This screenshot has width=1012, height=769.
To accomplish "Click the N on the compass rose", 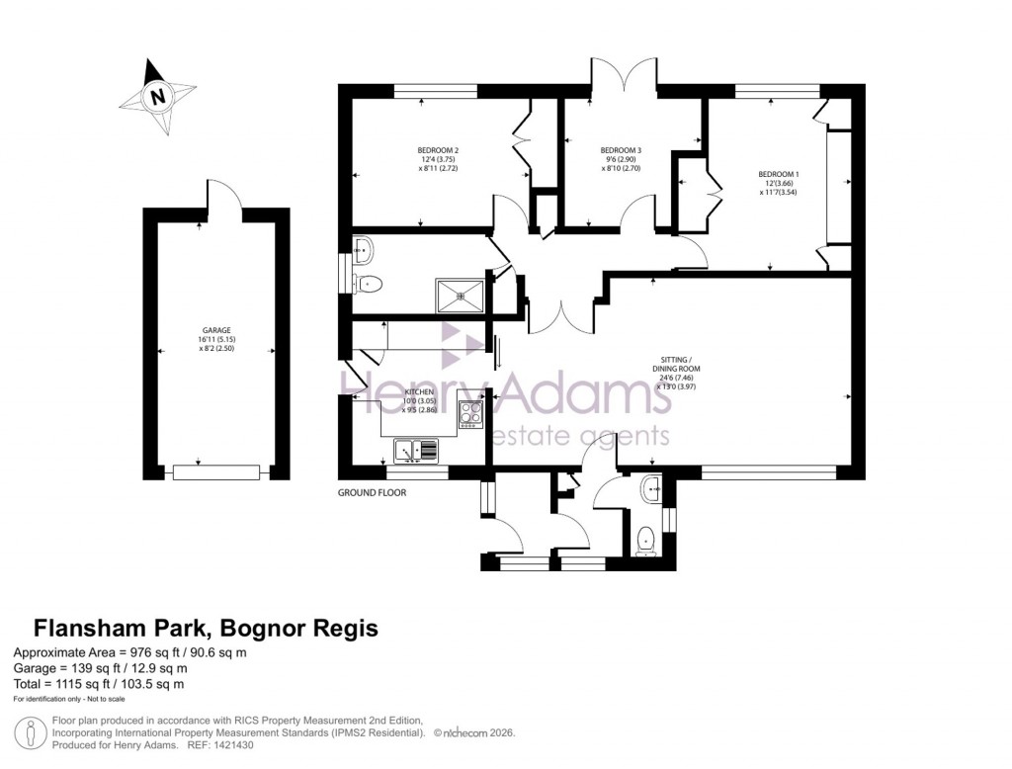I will [x=156, y=97].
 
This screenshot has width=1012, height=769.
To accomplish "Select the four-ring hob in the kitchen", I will [x=470, y=413].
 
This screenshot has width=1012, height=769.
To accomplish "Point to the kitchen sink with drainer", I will [x=416, y=452].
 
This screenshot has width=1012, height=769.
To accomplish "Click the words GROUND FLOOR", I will [x=372, y=492].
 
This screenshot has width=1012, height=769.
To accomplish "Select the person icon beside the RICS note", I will [x=33, y=732].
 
